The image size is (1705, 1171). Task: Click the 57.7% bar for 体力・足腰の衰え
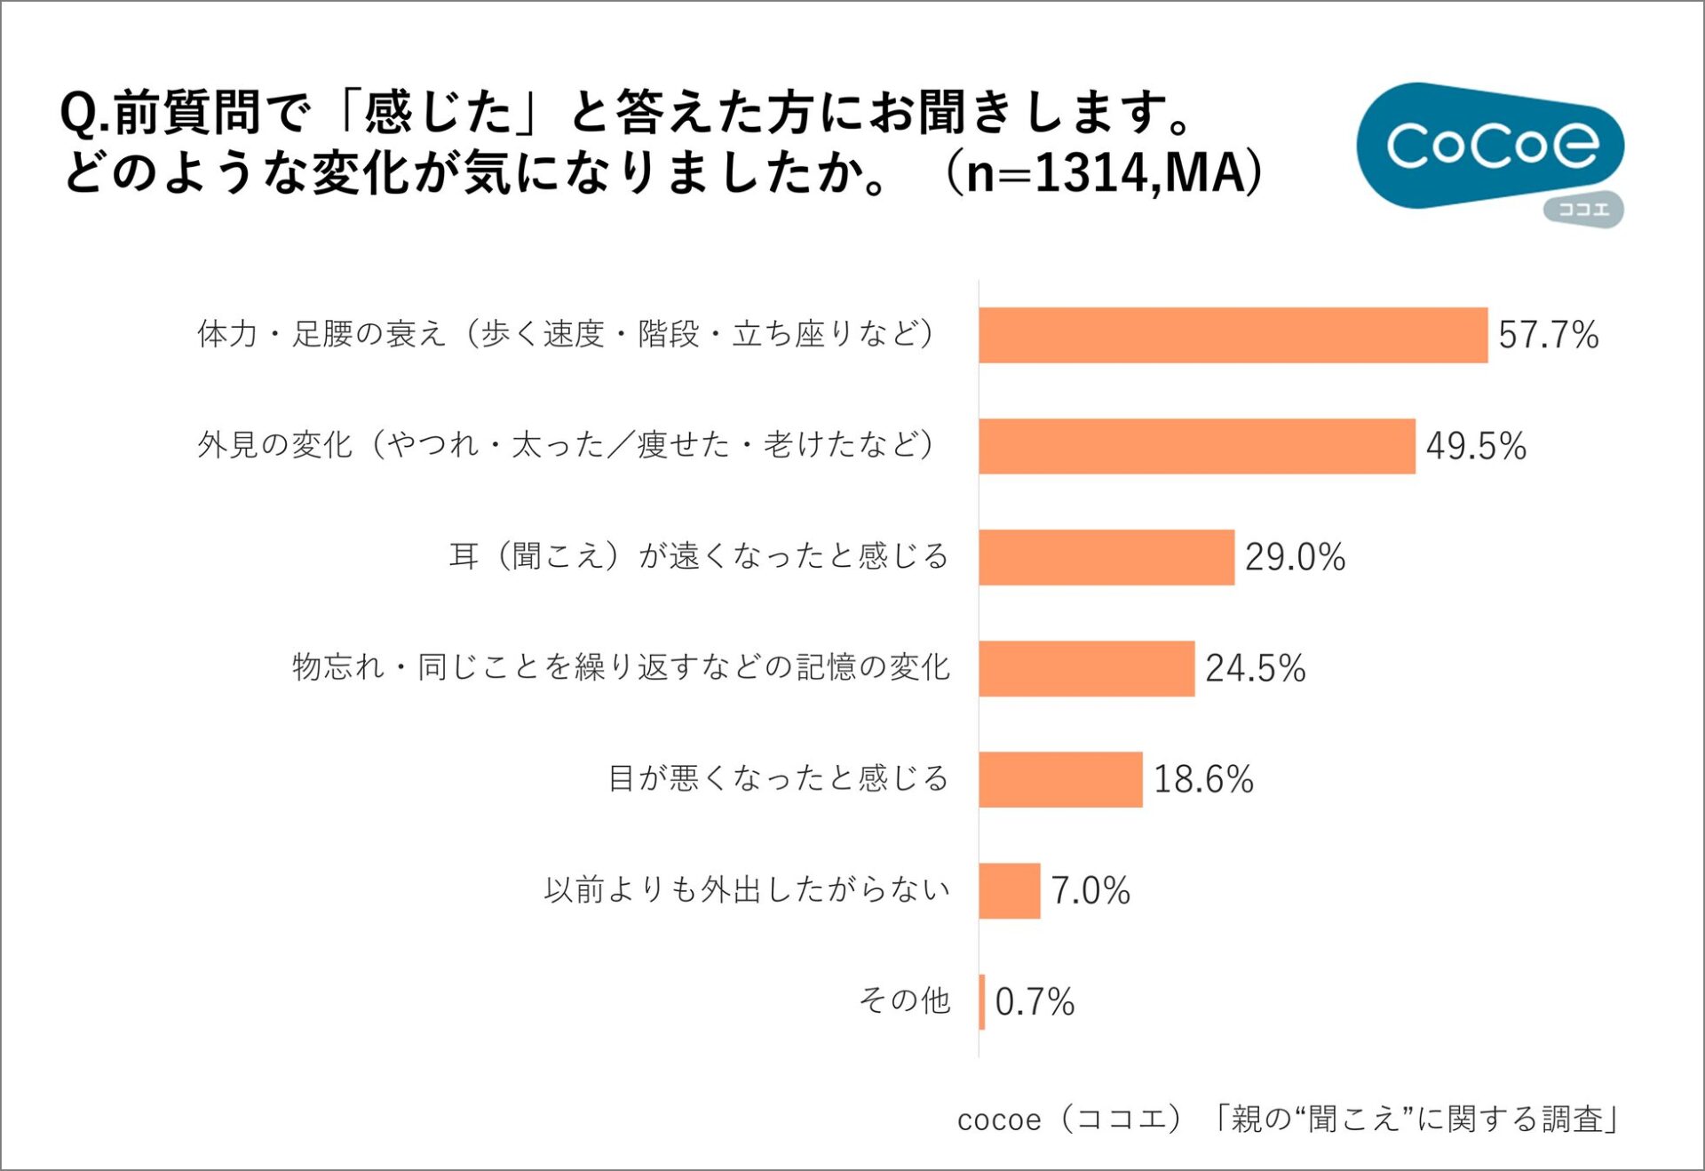point(1233,335)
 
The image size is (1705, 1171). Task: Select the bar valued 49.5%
point(1196,446)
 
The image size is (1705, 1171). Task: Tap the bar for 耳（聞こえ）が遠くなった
point(1106,557)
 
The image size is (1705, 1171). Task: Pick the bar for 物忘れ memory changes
point(1086,668)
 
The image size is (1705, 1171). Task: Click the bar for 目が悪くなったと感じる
point(1060,779)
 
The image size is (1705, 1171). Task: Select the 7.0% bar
point(1009,890)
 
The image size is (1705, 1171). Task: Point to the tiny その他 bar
point(981,1001)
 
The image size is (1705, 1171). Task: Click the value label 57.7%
point(1548,335)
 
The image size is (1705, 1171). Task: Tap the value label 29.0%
point(1294,557)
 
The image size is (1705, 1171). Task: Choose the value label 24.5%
point(1255,668)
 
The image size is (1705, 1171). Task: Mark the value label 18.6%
point(1202,779)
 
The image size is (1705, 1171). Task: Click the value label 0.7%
point(1034,1001)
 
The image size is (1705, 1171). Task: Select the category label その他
point(904,1000)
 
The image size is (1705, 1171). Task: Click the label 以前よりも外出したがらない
point(746,889)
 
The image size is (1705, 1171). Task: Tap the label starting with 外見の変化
point(566,444)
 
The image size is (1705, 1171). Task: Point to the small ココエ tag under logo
point(1583,211)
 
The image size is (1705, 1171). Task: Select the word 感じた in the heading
point(438,112)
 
